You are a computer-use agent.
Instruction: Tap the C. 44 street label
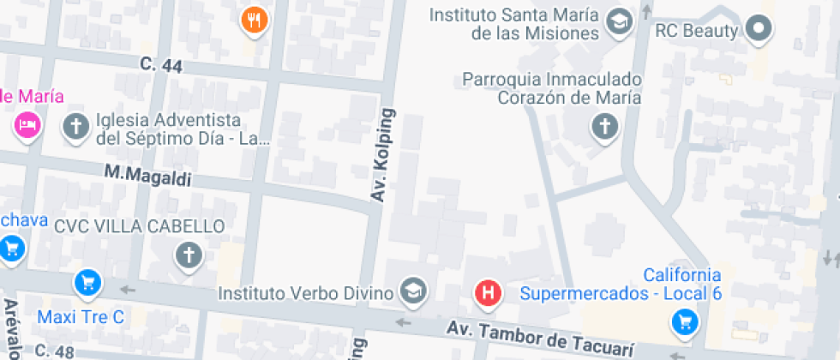[161, 65]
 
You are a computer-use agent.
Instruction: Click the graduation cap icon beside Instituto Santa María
[617, 22]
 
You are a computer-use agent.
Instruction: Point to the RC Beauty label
[696, 31]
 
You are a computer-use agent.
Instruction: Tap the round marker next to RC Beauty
[759, 29]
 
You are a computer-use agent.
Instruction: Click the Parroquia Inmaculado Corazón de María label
[552, 88]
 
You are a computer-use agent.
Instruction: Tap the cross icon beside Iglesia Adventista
[76, 128]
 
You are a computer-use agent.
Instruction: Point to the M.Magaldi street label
[147, 175]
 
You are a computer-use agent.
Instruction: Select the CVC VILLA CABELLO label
[139, 227]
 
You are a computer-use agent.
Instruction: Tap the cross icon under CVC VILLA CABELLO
[188, 254]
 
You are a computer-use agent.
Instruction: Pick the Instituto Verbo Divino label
[306, 293]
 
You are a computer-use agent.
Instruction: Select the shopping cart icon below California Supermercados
[684, 321]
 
